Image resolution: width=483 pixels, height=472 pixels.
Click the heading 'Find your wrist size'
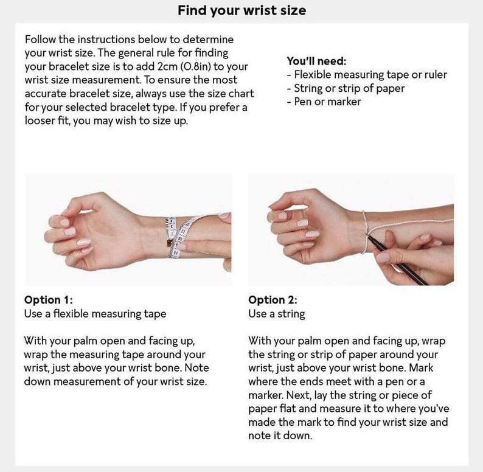click(242, 10)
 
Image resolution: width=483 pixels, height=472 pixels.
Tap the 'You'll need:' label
click(316, 61)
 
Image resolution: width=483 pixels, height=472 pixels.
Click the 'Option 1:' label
click(49, 300)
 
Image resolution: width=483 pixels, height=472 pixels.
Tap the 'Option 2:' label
click(273, 300)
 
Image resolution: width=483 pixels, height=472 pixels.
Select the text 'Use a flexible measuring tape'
click(95, 314)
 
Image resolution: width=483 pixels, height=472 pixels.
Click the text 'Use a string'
click(277, 314)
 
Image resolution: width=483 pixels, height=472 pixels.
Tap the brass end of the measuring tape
click(170, 243)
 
